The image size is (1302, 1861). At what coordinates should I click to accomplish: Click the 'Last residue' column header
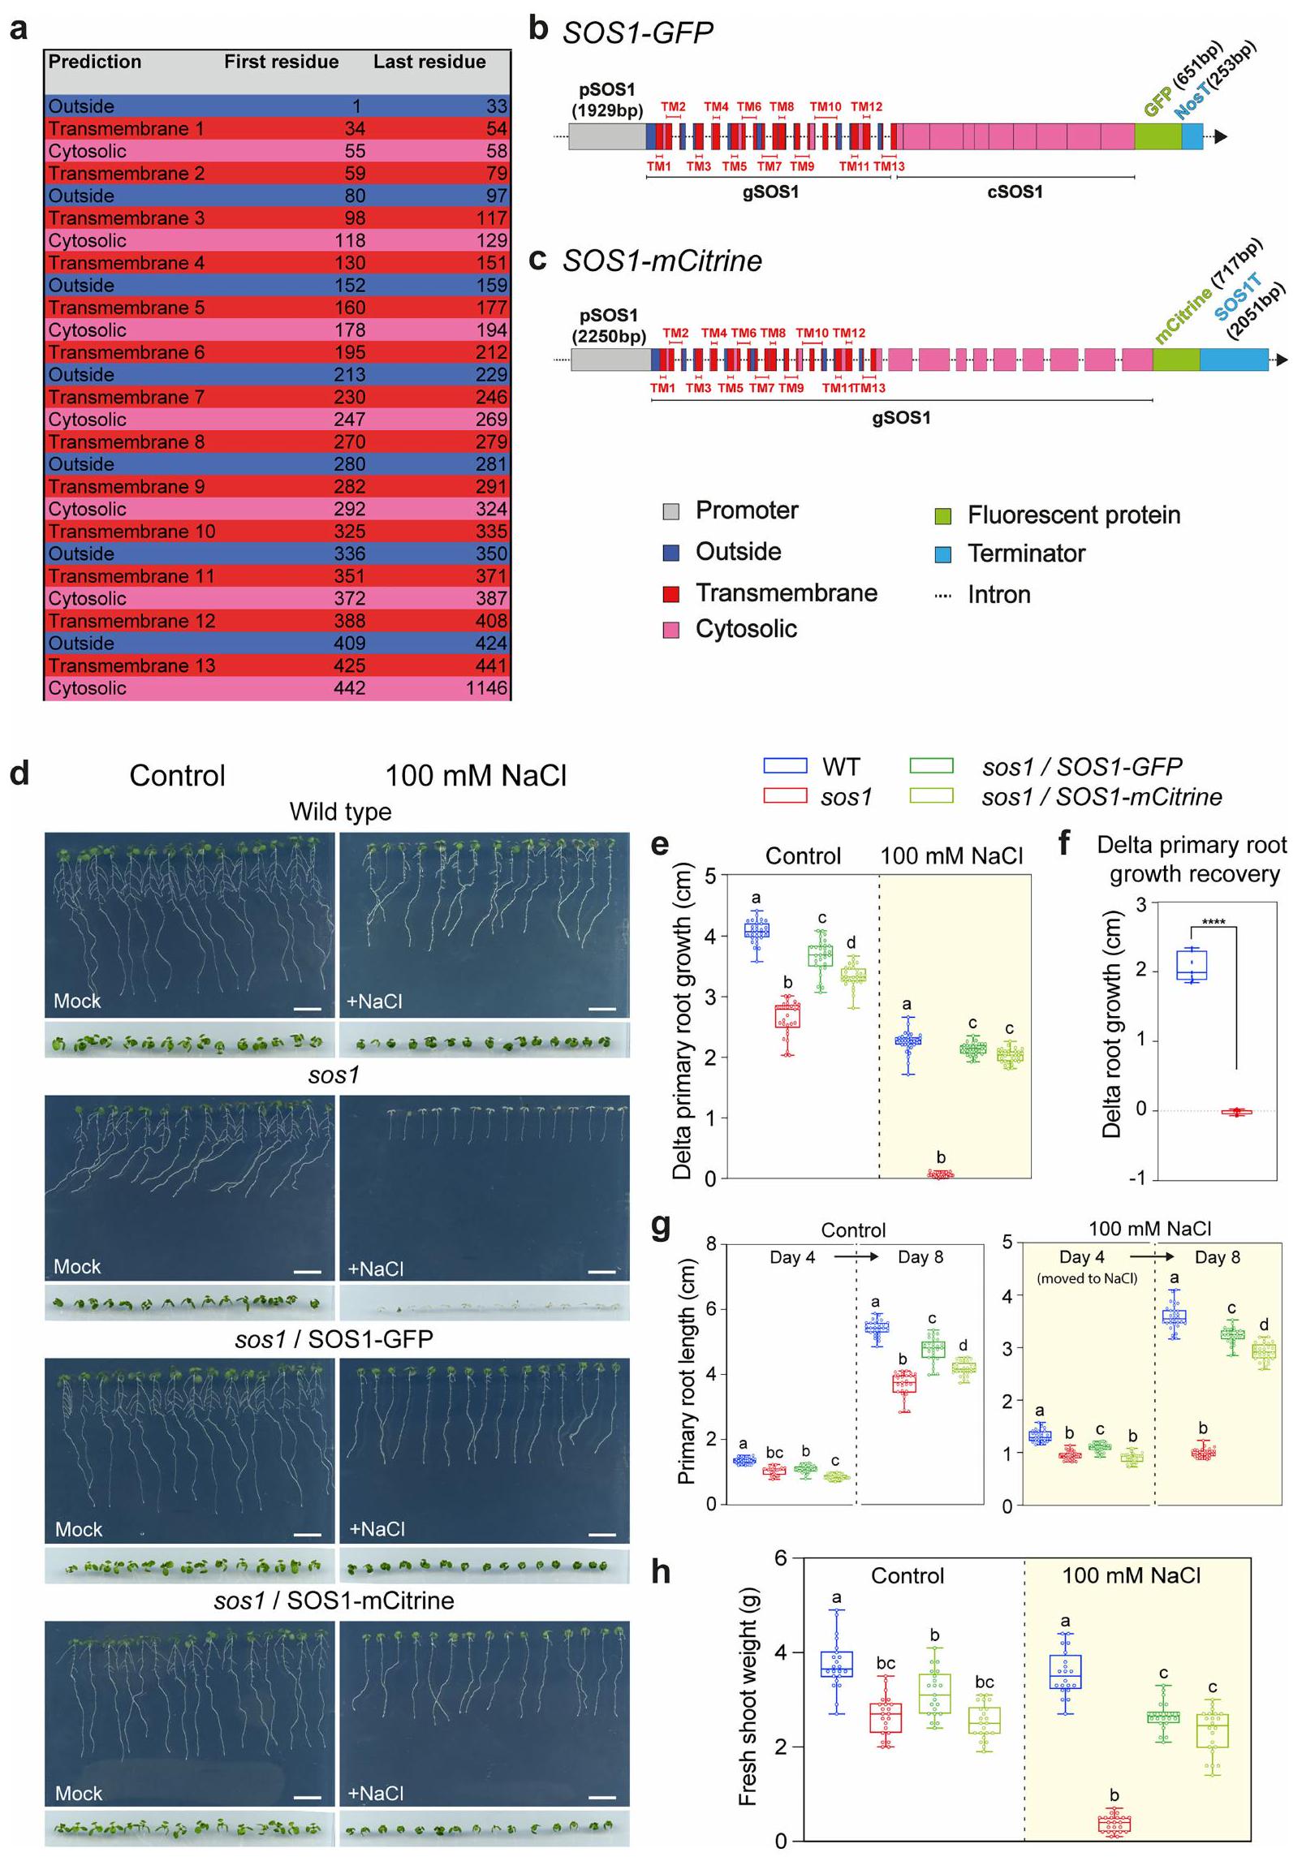(429, 62)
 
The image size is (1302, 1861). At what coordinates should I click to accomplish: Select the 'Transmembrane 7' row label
(126, 397)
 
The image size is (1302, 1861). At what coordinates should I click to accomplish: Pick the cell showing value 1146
(486, 687)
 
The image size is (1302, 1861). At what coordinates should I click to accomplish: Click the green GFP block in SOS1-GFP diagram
(1157, 136)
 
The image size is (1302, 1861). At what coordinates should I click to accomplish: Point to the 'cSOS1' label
(1015, 192)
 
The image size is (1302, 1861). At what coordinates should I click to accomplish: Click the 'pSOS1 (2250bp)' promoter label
(609, 325)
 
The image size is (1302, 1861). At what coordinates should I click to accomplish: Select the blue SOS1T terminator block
(1234, 360)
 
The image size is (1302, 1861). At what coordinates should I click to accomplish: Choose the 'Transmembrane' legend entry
(786, 592)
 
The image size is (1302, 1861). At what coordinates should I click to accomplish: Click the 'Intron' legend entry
(998, 594)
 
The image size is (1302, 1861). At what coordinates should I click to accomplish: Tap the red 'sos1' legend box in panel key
(785, 796)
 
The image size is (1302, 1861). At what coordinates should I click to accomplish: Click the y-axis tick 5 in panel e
(710, 876)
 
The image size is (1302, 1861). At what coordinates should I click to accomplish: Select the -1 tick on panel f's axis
(1138, 1178)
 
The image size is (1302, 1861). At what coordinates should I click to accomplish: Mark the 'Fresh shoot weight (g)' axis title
(748, 1696)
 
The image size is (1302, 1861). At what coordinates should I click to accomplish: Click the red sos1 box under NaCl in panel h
(1114, 1824)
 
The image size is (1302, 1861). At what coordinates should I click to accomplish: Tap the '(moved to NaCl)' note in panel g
(1087, 1278)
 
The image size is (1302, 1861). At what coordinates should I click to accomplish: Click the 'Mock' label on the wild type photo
(77, 1001)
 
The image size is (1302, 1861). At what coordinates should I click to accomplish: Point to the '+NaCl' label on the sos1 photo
(375, 1268)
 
